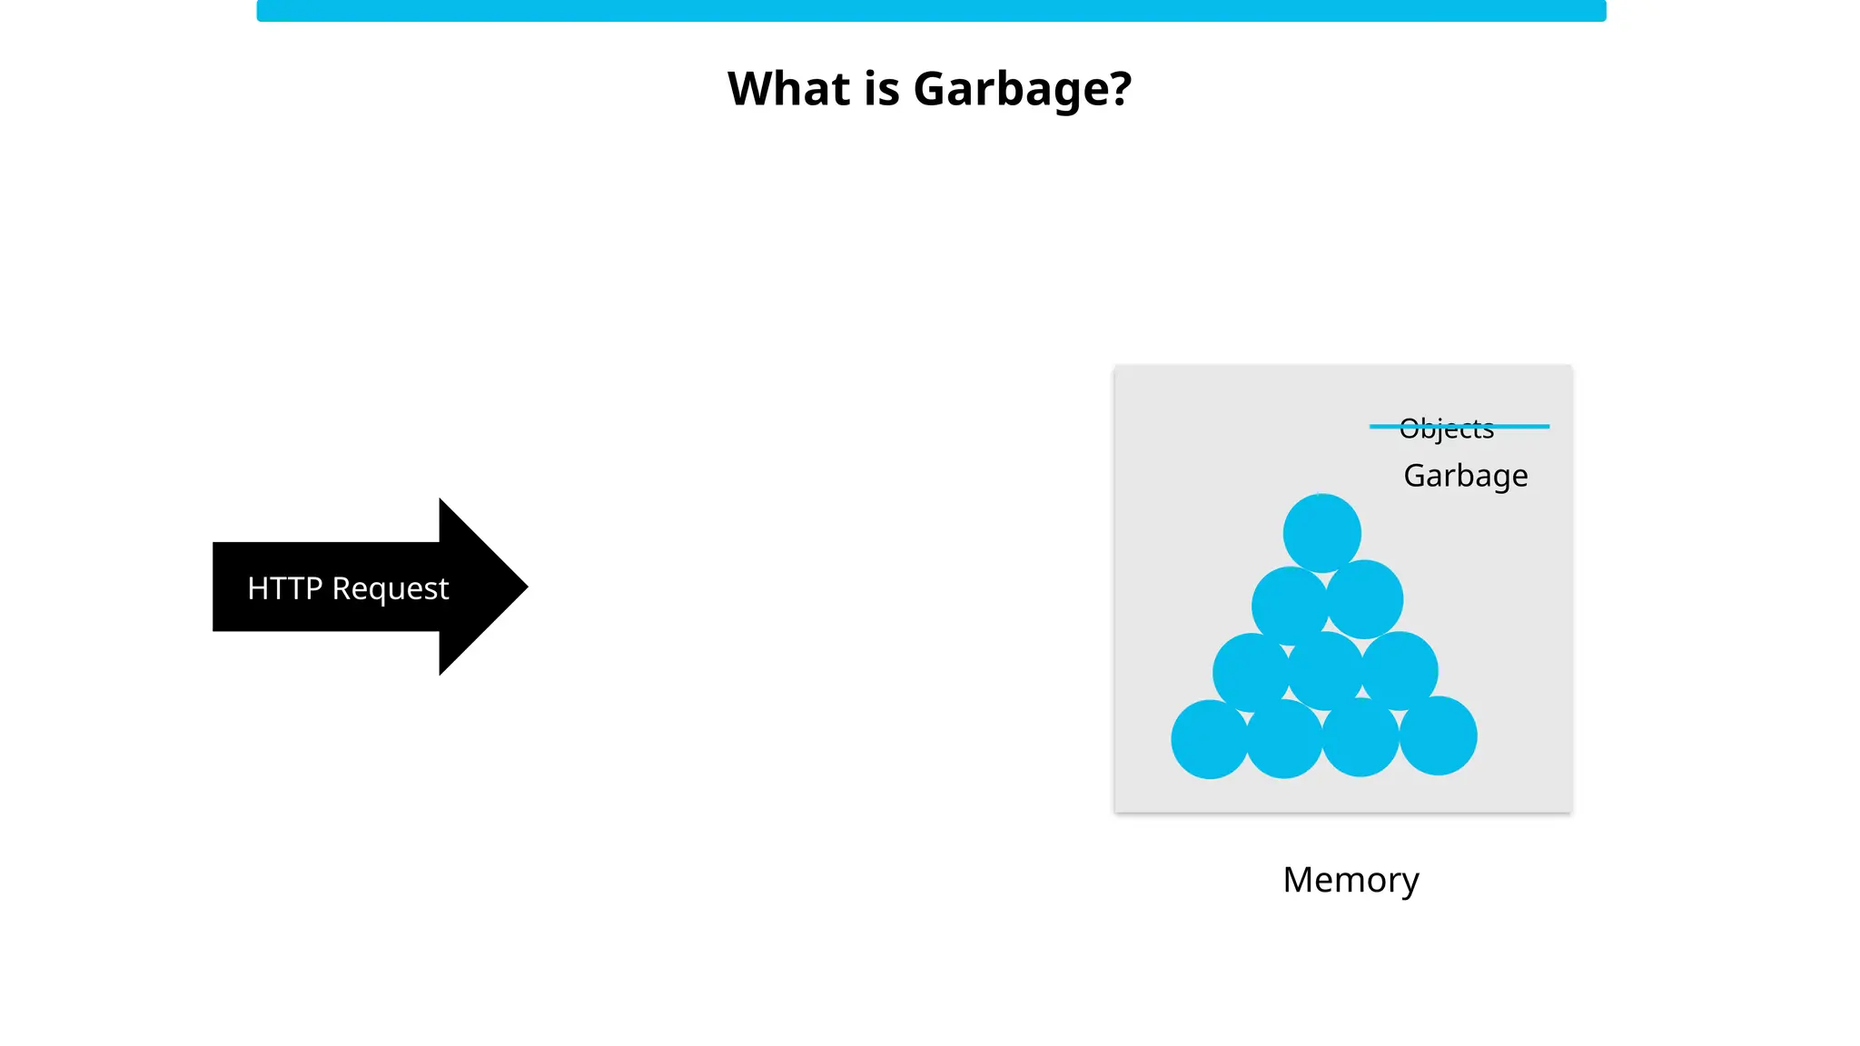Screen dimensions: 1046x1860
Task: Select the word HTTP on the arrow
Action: click(284, 588)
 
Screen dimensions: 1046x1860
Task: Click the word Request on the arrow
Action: click(391, 588)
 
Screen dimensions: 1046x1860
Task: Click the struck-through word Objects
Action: click(1447, 428)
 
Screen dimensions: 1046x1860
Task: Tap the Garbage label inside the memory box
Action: click(1465, 476)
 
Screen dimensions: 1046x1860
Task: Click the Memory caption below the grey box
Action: click(1350, 880)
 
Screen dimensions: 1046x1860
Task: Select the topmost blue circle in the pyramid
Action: click(1321, 533)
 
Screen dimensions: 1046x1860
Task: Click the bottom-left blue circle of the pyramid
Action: click(1210, 739)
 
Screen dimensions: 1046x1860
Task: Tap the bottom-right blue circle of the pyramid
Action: click(1438, 735)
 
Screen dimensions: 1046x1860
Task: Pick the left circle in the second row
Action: click(1289, 605)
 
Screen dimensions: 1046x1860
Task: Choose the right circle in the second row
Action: click(1365, 599)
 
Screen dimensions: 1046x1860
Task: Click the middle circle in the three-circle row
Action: click(1325, 670)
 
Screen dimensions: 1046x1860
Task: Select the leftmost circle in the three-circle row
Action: click(1250, 672)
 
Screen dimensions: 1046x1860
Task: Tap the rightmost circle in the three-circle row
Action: click(1400, 670)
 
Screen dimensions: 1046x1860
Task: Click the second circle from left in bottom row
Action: click(1284, 739)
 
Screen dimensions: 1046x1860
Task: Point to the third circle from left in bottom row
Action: click(1360, 737)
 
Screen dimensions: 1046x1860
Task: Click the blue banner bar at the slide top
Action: click(930, 11)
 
